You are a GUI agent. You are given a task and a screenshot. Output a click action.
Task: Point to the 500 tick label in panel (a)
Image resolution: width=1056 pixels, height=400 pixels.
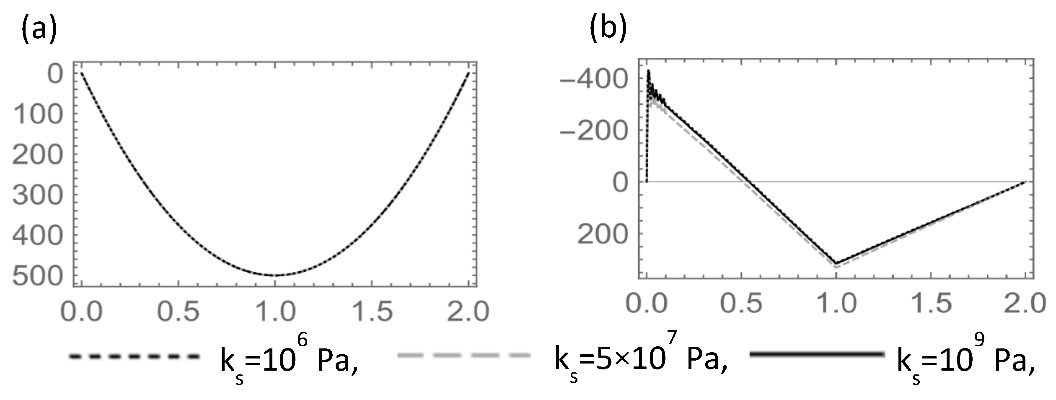tap(38, 277)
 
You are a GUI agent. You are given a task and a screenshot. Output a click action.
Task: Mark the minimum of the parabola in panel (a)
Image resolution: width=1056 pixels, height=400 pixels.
tap(275, 275)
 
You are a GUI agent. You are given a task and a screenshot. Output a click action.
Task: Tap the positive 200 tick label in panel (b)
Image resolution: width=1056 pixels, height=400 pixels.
tap(603, 235)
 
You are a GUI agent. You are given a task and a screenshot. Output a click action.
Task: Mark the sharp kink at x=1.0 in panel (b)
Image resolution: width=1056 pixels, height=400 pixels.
tap(836, 264)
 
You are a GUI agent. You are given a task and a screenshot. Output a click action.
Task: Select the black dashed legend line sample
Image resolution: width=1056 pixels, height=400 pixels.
tap(134, 356)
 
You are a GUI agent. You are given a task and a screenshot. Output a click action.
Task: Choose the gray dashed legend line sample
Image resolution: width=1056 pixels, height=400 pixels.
tap(463, 356)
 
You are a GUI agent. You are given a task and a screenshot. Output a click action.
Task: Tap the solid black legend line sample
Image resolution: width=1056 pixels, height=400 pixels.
tap(817, 355)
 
